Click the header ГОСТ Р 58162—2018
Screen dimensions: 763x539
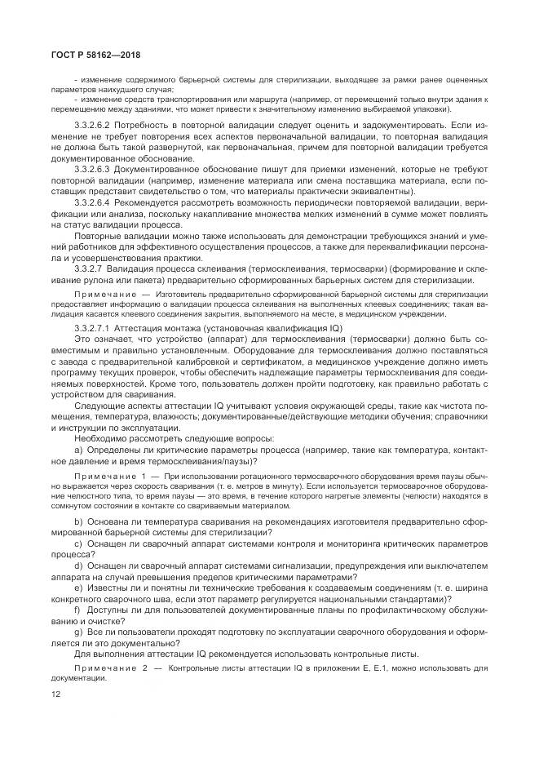point(80,55)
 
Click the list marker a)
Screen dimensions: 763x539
point(77,449)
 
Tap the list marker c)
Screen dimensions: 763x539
point(77,543)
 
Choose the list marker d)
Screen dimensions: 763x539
point(77,565)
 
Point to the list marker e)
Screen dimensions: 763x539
point(77,586)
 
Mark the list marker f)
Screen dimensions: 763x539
point(77,608)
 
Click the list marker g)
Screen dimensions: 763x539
point(77,631)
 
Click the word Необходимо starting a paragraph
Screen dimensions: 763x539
point(98,438)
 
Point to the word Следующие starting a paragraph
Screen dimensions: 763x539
point(99,406)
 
